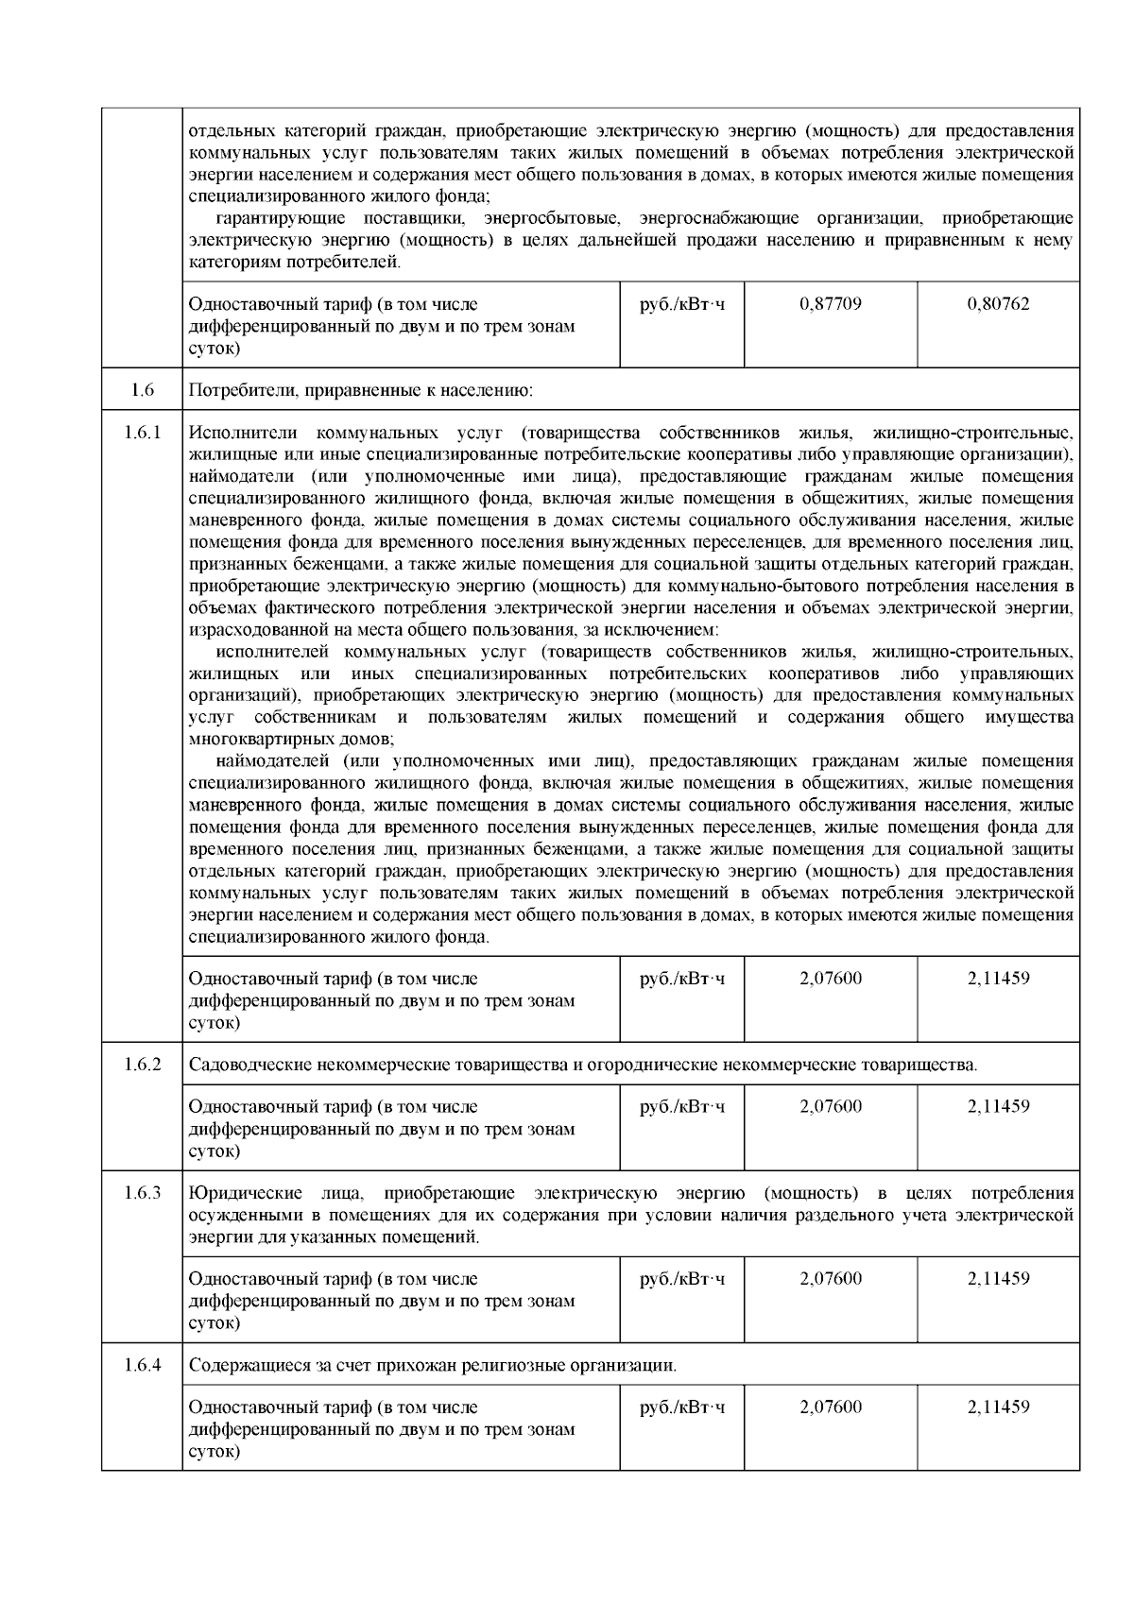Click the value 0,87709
pyautogui.click(x=830, y=304)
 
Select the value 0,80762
pyautogui.click(x=998, y=304)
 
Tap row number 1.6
pyautogui.click(x=142, y=389)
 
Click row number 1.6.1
pyautogui.click(x=142, y=433)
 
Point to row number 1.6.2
pyautogui.click(x=142, y=1065)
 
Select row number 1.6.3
pyautogui.click(x=142, y=1193)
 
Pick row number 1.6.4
pyautogui.click(x=142, y=1366)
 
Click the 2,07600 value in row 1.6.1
pyautogui.click(x=830, y=979)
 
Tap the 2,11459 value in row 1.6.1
pyautogui.click(x=998, y=979)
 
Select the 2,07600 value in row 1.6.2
pyautogui.click(x=830, y=1106)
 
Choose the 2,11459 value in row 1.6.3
pyautogui.click(x=998, y=1279)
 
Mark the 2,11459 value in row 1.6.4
pyautogui.click(x=998, y=1407)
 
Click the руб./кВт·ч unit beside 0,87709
pyautogui.click(x=682, y=304)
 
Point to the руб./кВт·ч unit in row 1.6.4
pyautogui.click(x=682, y=1407)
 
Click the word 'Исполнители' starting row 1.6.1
pyautogui.click(x=242, y=433)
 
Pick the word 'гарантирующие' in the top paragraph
pyautogui.click(x=275, y=218)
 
